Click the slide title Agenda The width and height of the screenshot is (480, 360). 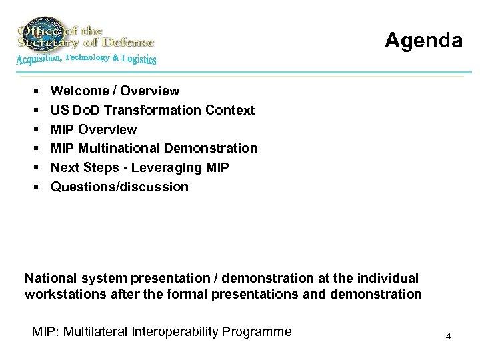coord(423,41)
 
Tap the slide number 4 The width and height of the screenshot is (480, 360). coord(449,336)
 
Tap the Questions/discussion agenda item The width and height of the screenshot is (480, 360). coord(119,187)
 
